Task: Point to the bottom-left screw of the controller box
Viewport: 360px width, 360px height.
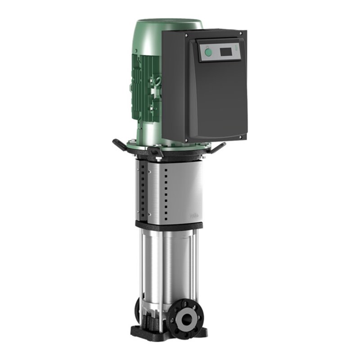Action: (x=186, y=140)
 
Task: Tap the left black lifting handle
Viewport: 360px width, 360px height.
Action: (x=121, y=145)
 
